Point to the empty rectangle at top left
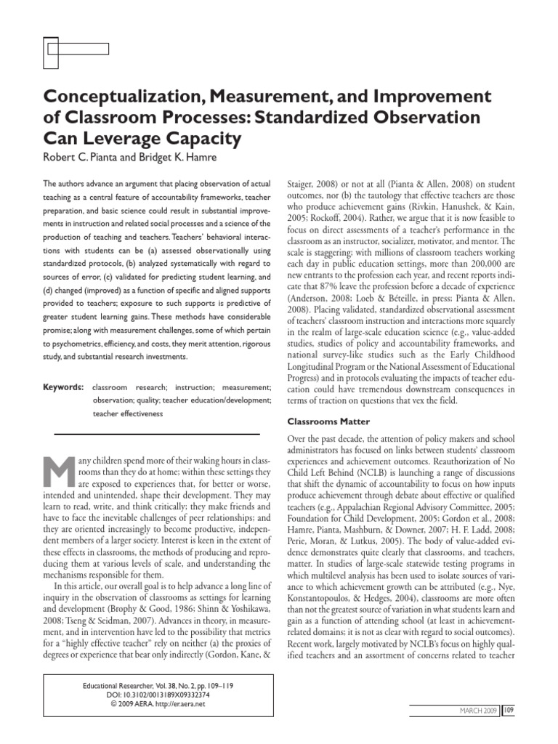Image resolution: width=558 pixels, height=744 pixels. [77, 49]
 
